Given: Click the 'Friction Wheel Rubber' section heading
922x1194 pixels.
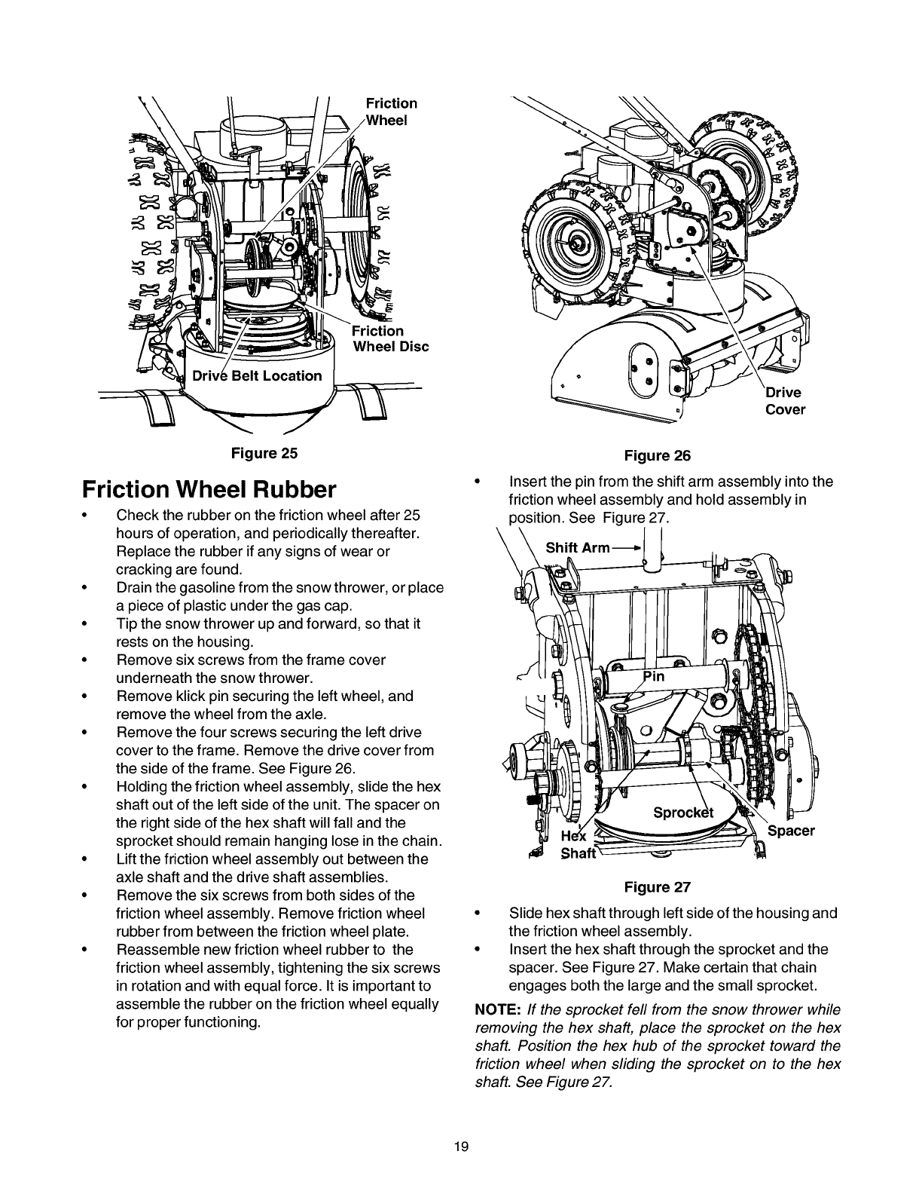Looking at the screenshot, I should pyautogui.click(x=208, y=490).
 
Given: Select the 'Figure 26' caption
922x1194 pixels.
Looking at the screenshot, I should pyautogui.click(x=658, y=455).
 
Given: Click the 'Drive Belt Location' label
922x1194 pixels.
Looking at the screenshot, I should pyautogui.click(x=257, y=375).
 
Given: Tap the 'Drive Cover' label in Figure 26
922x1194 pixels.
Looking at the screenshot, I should pyautogui.click(x=785, y=401).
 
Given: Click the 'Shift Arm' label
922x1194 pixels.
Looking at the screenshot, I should pyautogui.click(x=577, y=547).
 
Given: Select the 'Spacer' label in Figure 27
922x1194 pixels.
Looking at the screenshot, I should pyautogui.click(x=791, y=831).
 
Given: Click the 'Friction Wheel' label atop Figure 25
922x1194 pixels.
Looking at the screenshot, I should pyautogui.click(x=391, y=112).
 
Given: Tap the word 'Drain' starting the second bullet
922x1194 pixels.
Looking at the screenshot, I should pyautogui.click(x=134, y=587).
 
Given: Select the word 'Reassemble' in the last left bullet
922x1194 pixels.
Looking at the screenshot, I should pyautogui.click(x=151, y=949).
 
